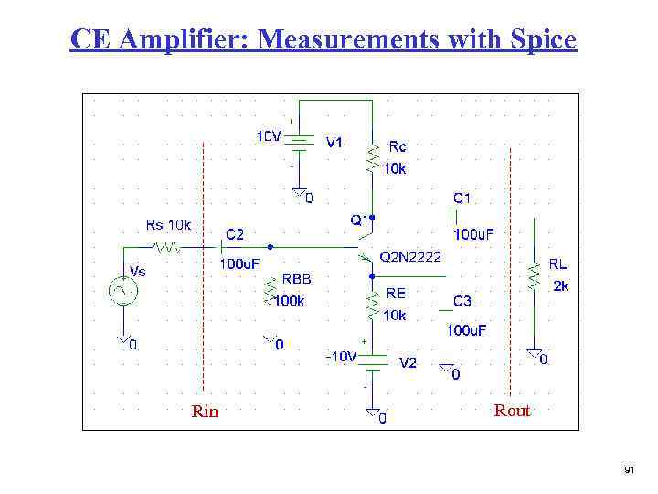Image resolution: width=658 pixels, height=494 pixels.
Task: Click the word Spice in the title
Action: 542,40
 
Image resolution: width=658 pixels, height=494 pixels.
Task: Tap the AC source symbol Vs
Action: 122,291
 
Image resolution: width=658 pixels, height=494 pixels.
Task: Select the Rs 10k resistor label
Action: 169,225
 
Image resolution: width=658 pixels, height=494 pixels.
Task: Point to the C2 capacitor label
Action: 235,234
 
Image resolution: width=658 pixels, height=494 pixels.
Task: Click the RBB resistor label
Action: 296,278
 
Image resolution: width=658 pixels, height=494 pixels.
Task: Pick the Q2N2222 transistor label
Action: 411,257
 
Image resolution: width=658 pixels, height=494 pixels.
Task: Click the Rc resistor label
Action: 398,145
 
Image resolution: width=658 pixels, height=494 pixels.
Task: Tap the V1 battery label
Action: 334,142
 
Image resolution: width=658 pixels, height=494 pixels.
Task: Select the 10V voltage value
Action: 268,136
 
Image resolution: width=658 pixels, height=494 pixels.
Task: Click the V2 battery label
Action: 409,362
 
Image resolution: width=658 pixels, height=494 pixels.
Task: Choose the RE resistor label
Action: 396,293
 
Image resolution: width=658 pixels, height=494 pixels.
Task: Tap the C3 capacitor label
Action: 462,301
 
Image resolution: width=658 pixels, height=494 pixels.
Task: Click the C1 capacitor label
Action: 462,198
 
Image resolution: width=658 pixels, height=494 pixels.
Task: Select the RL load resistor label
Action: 557,263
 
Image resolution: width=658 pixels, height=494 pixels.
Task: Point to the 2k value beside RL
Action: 561,285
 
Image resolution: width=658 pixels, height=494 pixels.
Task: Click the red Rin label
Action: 206,412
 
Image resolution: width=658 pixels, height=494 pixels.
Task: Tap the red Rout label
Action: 512,411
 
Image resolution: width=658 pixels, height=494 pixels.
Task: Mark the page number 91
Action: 629,469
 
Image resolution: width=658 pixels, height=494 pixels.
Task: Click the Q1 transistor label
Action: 358,220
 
